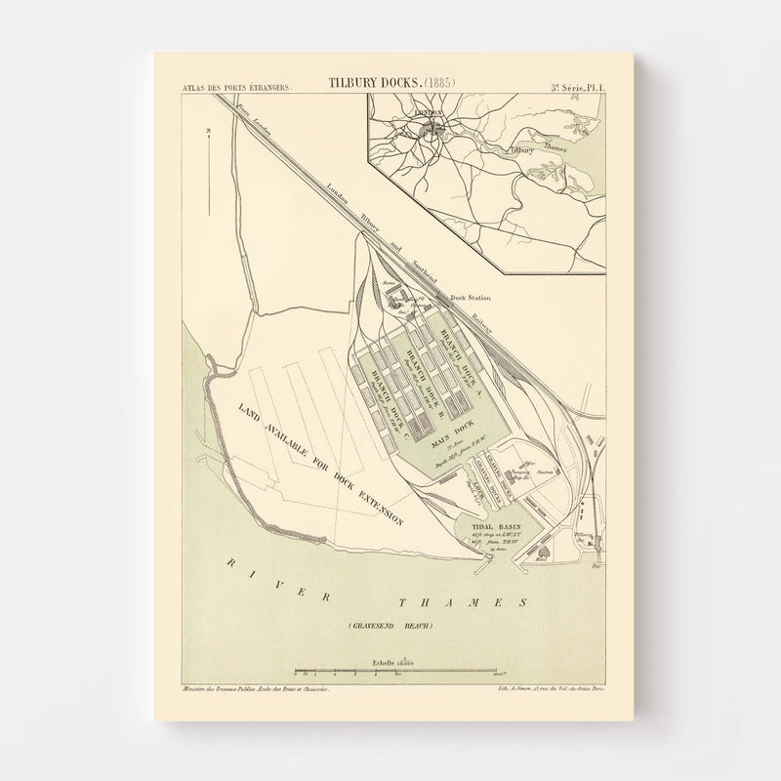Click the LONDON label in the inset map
coord(428,113)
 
